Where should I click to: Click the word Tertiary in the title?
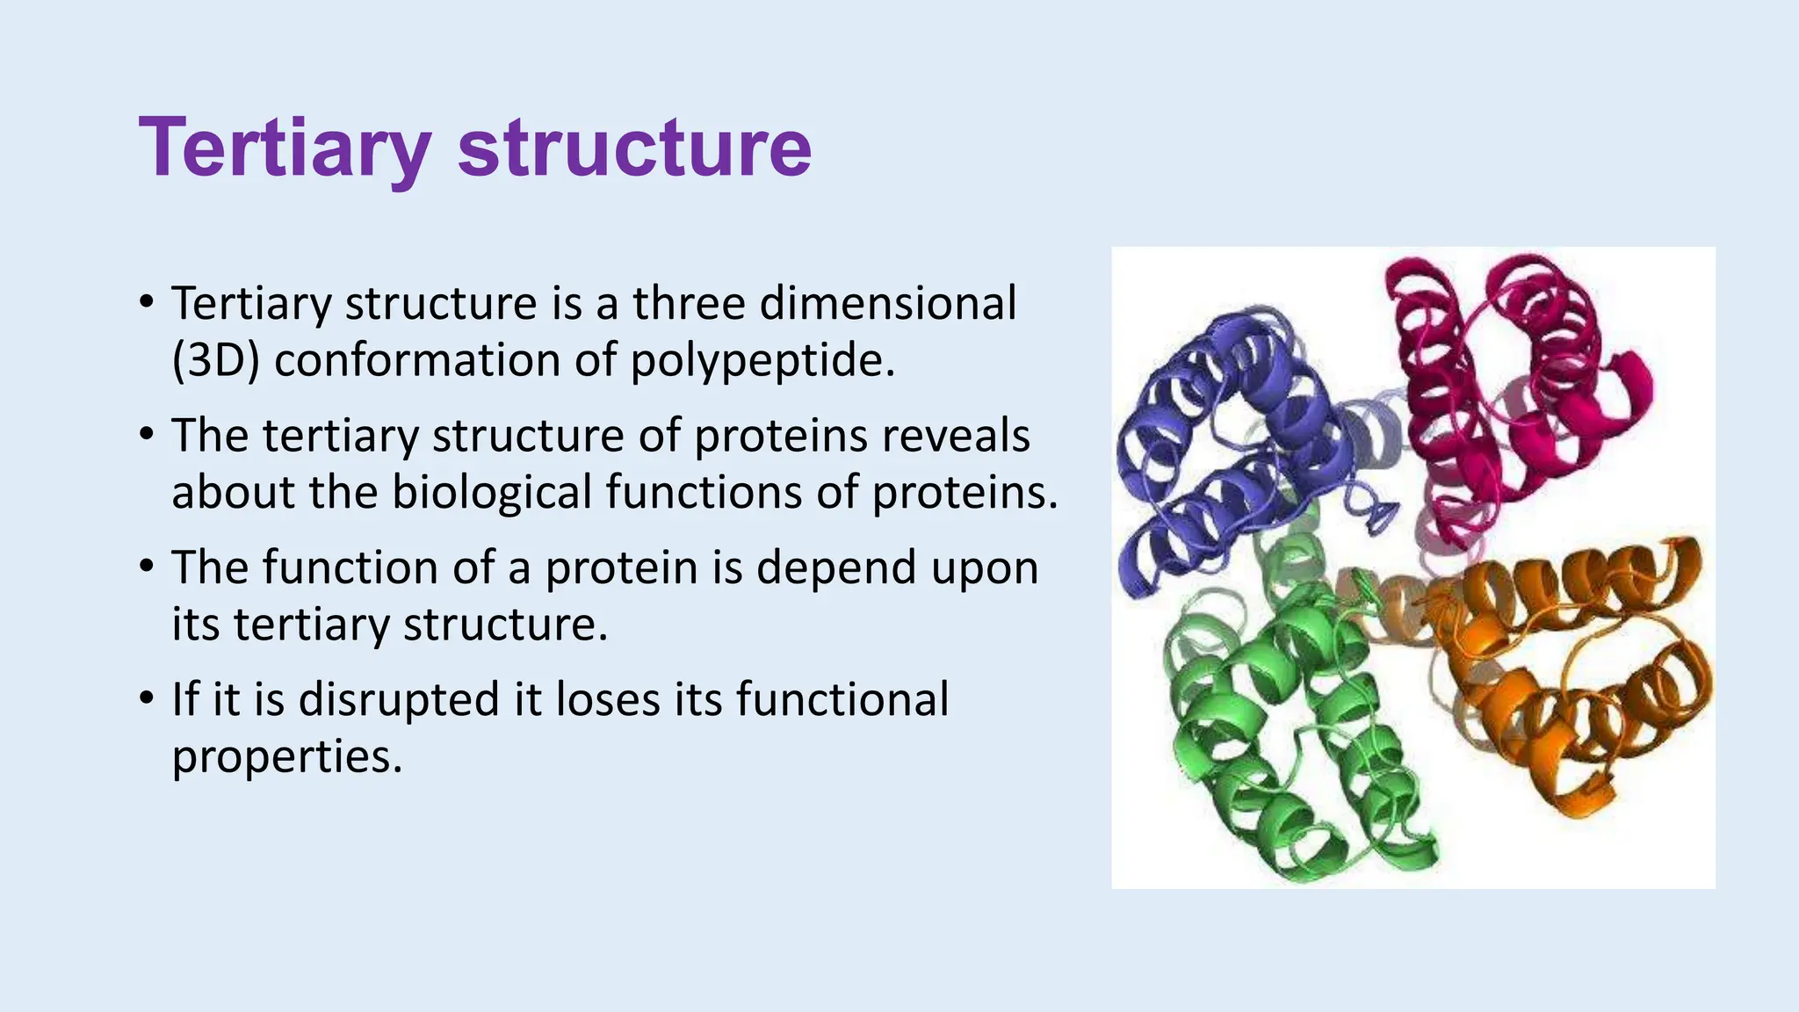point(284,148)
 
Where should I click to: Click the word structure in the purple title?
point(634,148)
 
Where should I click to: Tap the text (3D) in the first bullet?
point(215,360)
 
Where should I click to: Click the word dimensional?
point(887,303)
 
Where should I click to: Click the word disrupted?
point(399,700)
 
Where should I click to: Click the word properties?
point(286,756)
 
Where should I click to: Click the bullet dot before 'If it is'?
point(147,700)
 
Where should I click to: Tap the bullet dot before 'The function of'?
point(147,567)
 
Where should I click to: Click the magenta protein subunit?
point(1511,387)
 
